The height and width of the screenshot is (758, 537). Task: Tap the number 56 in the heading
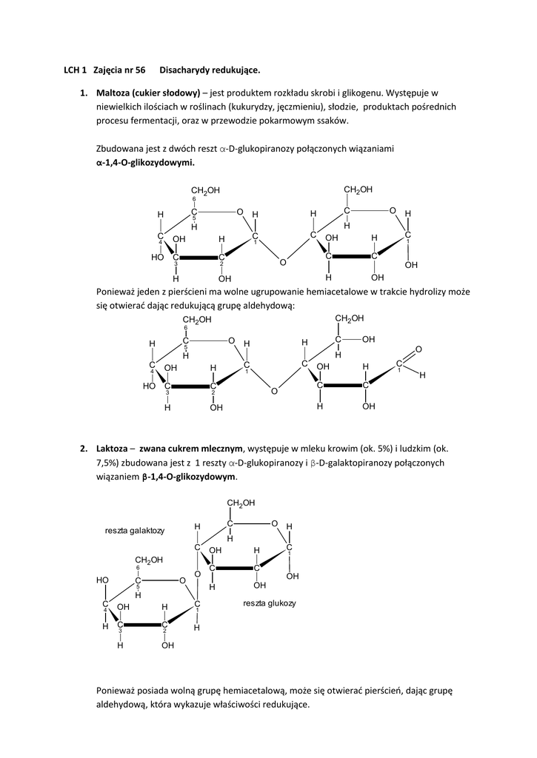pyautogui.click(x=139, y=70)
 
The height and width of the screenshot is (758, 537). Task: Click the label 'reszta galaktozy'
pyautogui.click(x=135, y=531)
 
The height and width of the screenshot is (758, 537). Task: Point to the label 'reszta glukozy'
pyautogui.click(x=269, y=603)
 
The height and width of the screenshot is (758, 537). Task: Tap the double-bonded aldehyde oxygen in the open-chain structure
pyautogui.click(x=418, y=349)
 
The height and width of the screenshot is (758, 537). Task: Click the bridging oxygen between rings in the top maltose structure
pyautogui.click(x=283, y=262)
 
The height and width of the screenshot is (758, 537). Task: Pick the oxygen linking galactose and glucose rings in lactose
pyautogui.click(x=197, y=574)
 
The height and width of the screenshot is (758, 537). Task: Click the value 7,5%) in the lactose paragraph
pyautogui.click(x=110, y=463)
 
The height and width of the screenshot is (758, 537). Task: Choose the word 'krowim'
pyautogui.click(x=337, y=449)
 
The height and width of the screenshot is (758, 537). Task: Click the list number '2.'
pyautogui.click(x=84, y=449)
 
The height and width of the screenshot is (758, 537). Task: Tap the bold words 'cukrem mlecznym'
pyautogui.click(x=207, y=449)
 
